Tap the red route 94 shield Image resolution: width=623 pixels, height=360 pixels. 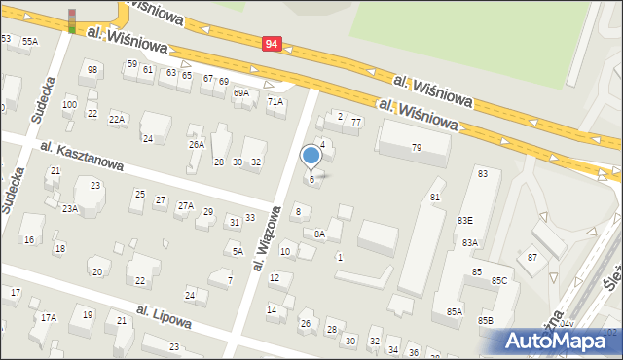(273, 43)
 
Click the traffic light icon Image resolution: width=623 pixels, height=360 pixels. (71, 20)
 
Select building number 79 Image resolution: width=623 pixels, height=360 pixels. (416, 148)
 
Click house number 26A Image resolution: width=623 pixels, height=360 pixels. (197, 144)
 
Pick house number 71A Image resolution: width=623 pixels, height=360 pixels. (275, 101)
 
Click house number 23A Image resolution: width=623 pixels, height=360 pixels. (70, 208)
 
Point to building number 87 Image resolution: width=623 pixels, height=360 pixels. (531, 257)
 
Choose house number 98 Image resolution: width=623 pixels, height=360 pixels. (92, 70)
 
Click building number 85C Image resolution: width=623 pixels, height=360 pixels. (499, 281)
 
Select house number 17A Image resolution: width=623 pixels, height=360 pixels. (48, 317)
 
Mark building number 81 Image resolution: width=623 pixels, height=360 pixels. (435, 198)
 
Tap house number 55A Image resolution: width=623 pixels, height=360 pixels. (30, 41)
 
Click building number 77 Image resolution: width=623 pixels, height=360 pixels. (356, 122)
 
